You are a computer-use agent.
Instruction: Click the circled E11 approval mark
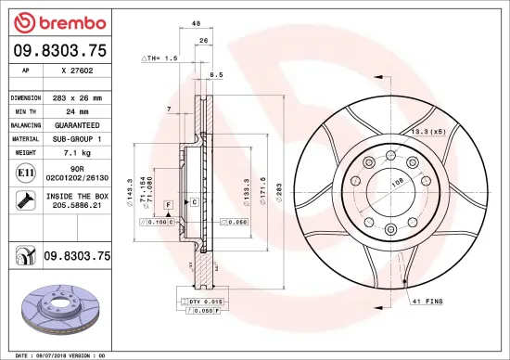(x=21, y=172)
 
